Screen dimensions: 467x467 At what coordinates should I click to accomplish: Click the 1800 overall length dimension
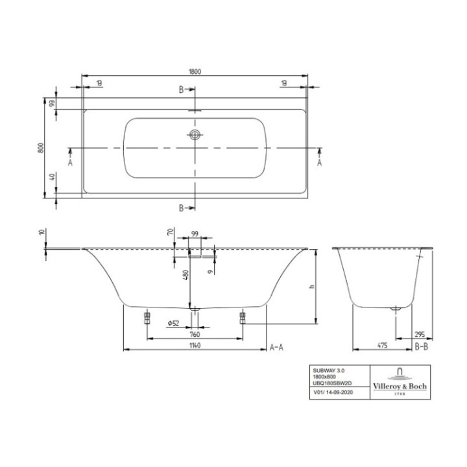tap(194, 71)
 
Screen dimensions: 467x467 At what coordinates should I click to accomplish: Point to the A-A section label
tap(277, 347)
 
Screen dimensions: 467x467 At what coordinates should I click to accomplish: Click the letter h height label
tap(313, 287)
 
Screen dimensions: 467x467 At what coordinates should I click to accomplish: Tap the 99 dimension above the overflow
tap(195, 234)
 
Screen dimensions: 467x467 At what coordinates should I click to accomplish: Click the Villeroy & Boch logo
tap(398, 380)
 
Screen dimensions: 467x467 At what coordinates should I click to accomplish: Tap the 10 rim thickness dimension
tap(42, 232)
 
